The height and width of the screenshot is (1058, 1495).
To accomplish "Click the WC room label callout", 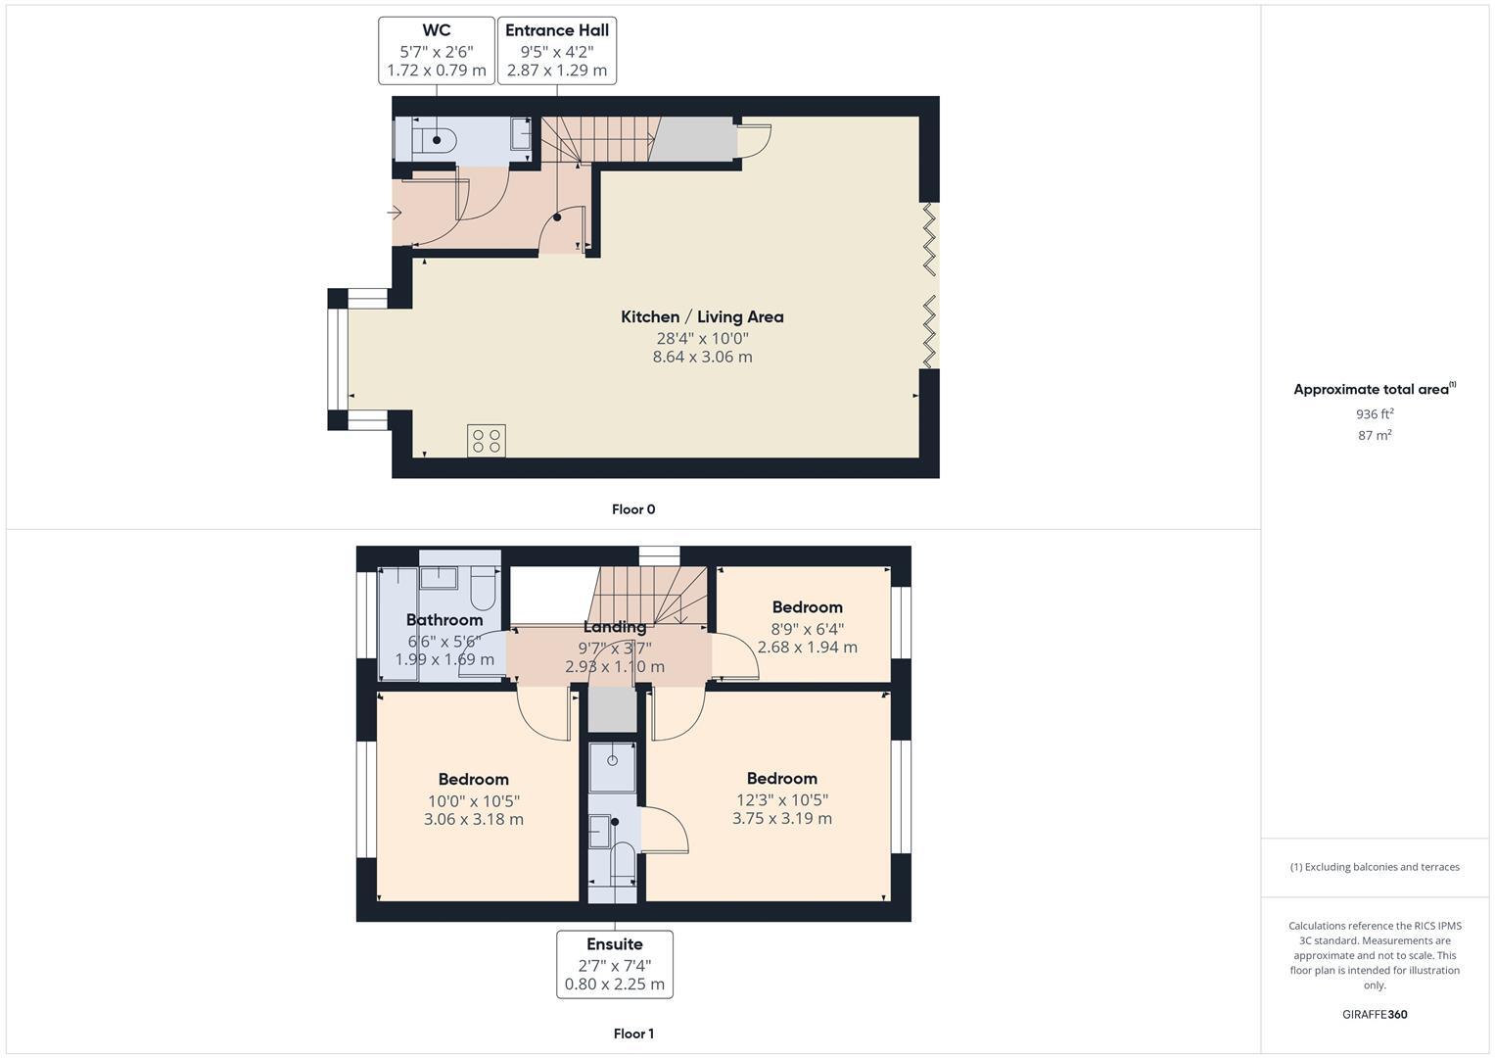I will click(x=436, y=50).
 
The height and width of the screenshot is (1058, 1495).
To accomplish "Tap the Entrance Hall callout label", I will click(x=557, y=50).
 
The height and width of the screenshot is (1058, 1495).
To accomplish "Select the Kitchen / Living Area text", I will click(x=702, y=316).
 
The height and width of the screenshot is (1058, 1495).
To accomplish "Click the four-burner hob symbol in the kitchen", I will click(x=487, y=441).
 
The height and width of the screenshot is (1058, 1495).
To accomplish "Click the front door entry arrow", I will click(x=397, y=213).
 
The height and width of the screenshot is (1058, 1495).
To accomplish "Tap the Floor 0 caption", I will click(x=633, y=509).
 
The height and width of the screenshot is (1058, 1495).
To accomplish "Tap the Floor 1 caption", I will click(x=633, y=1034).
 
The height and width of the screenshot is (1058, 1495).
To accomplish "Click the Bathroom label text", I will click(x=444, y=619).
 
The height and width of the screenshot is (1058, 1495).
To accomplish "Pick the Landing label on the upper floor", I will click(x=615, y=627).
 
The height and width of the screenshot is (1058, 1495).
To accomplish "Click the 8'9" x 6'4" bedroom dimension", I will click(x=807, y=629).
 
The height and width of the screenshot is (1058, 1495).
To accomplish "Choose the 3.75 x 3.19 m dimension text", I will click(x=781, y=818).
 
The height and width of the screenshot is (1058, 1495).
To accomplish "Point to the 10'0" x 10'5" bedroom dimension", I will click(x=473, y=800).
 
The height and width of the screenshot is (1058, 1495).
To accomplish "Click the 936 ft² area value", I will click(x=1375, y=414).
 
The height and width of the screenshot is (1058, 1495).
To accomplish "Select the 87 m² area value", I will click(x=1375, y=435).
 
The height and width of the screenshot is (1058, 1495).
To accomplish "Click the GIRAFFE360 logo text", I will click(x=1375, y=1014).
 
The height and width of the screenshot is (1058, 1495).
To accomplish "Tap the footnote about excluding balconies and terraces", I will click(x=1375, y=867).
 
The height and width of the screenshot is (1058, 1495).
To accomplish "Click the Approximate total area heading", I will click(x=1373, y=389).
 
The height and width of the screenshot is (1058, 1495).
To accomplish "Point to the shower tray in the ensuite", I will click(x=613, y=766).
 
